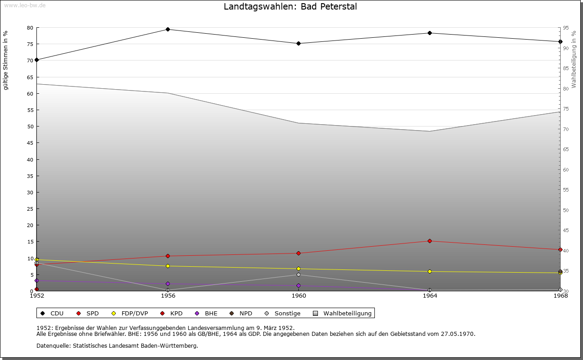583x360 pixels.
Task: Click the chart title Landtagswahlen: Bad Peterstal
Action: [x=290, y=7]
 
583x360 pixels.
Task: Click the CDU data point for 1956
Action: [x=168, y=30]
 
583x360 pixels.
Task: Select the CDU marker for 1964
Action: [x=430, y=33]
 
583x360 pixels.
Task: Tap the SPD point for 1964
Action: [x=430, y=241]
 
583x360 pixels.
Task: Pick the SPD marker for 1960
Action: [x=299, y=253]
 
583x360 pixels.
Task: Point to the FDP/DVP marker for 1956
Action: [x=168, y=266]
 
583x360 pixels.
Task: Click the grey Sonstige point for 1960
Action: [x=299, y=275]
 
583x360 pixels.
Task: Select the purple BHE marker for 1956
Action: [x=168, y=284]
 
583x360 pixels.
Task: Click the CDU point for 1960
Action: [x=299, y=44]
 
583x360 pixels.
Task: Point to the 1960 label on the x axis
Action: [x=299, y=296]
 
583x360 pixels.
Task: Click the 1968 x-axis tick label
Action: [x=560, y=296]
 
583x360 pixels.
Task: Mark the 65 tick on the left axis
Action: [x=30, y=77]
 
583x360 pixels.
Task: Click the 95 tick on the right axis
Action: [x=566, y=28]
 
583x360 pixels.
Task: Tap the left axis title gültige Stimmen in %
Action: [x=6, y=61]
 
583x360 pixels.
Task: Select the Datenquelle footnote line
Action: [x=117, y=346]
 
